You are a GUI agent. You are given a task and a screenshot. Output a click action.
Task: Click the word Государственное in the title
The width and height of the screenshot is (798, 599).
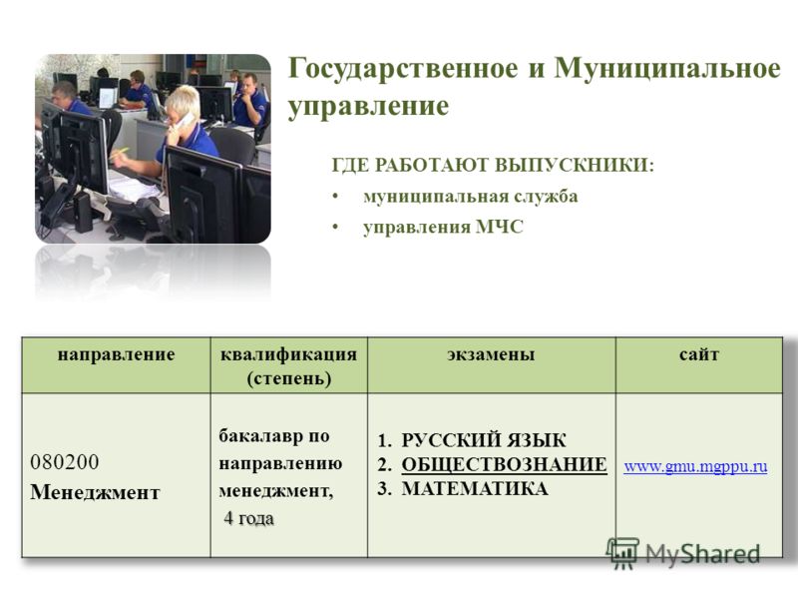pos(403,69)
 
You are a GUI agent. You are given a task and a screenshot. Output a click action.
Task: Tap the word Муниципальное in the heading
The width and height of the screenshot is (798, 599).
pos(667,68)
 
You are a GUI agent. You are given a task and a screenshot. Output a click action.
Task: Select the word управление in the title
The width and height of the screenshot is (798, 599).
pos(368,108)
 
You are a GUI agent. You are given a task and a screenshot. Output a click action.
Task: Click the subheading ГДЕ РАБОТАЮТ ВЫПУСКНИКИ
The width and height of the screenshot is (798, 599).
pos(493,165)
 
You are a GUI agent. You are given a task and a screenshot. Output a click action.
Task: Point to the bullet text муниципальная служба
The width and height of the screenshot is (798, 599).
pos(470,197)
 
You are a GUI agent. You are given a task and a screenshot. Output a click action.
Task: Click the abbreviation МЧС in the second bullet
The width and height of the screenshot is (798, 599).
pos(500,227)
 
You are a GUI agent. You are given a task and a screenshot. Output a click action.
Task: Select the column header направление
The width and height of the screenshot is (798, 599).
pos(116,354)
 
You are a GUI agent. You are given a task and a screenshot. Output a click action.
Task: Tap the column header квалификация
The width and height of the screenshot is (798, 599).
pos(288,354)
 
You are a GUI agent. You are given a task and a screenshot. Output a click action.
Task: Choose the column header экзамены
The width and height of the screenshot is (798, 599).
pos(491,354)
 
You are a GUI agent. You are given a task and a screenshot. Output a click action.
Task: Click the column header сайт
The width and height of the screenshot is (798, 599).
pos(699,354)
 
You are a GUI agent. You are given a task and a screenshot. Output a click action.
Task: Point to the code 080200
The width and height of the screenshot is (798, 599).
pos(65,462)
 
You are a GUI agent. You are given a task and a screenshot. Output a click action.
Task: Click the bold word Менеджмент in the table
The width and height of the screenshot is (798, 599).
pos(95,492)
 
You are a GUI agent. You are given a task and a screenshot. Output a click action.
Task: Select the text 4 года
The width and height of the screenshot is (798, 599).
pos(248,518)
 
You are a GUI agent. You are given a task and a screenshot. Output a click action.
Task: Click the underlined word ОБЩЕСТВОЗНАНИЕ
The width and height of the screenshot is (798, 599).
pos(505,464)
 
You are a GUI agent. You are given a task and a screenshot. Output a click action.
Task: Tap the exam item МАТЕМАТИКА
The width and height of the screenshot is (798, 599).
pos(475,489)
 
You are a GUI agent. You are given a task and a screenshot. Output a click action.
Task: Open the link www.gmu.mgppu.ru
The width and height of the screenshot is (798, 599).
pos(695,466)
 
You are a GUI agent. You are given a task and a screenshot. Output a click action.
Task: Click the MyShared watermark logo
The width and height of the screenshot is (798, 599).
pos(683,553)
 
